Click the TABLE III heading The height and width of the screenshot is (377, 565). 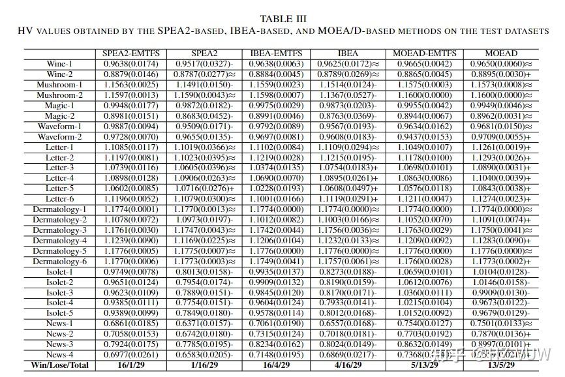click(282, 19)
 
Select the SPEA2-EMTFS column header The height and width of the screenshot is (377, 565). click(130, 53)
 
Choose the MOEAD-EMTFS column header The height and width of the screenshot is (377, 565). click(425, 53)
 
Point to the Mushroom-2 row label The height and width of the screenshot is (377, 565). click(59, 95)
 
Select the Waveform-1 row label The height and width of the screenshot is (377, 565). click(59, 126)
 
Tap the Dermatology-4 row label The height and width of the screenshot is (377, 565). click(59, 241)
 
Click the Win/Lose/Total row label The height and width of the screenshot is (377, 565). click(59, 365)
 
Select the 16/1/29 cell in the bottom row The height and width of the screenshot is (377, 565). click(130, 365)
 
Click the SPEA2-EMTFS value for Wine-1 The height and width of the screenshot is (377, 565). click(130, 64)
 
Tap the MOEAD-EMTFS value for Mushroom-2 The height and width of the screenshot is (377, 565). click(425, 95)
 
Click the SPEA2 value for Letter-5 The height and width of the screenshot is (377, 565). click(204, 188)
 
